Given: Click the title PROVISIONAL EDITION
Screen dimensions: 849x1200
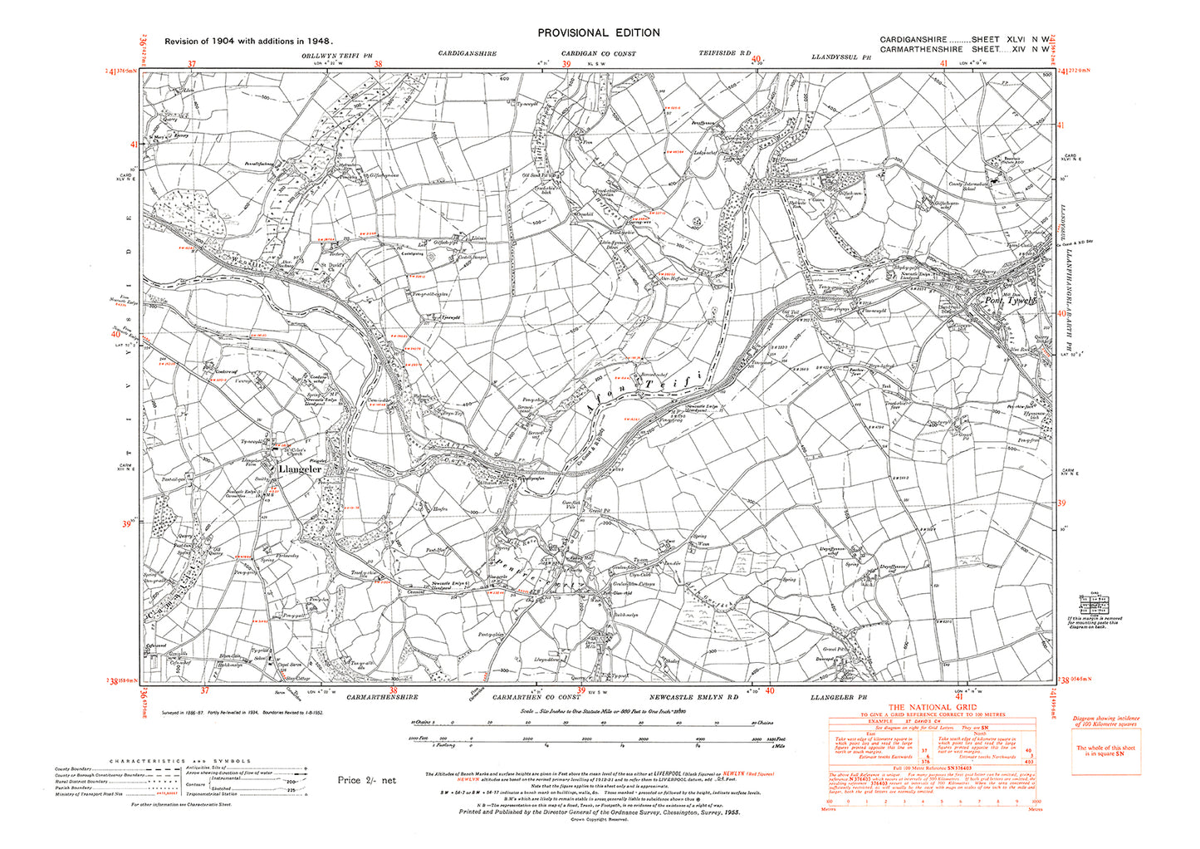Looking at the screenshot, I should [598, 32].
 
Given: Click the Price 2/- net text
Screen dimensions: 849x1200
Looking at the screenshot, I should [367, 780].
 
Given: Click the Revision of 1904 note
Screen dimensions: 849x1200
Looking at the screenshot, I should [249, 41].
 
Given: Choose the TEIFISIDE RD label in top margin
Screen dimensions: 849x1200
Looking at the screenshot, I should [724, 54].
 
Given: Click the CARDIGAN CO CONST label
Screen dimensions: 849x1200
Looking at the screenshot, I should [597, 54].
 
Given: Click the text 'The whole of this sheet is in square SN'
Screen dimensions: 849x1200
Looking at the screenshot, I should [1105, 750].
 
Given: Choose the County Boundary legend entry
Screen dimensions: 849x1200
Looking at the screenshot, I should [76, 769].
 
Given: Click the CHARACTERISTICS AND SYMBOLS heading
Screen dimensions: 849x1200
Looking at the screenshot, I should [180, 761].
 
